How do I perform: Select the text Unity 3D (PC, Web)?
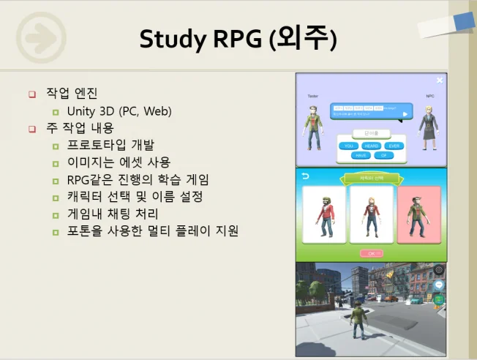tap(119, 111)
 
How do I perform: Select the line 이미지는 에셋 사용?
tap(119, 162)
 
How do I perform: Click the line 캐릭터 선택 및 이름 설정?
tap(135, 197)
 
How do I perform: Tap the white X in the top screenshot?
tap(439, 80)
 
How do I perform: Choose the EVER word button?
tap(394, 146)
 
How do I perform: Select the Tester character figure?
tap(314, 124)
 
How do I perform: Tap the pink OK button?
tap(371, 253)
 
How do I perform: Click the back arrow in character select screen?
tap(306, 176)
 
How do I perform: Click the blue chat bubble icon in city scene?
tap(438, 285)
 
